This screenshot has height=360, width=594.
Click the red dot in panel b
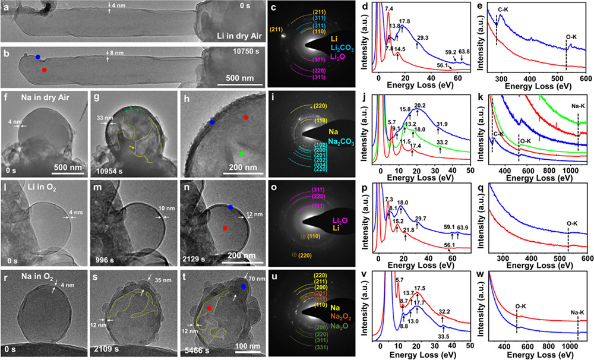click(x=45, y=70)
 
